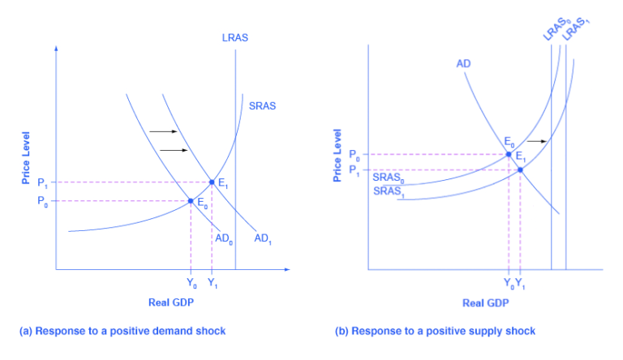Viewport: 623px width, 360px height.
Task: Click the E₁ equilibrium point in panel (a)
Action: (212, 182)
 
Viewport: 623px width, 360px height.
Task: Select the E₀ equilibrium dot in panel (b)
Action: (509, 154)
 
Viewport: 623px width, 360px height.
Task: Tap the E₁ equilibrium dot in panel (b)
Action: (519, 169)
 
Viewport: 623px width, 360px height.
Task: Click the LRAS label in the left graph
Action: (235, 37)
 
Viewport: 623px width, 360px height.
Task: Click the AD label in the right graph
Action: (464, 63)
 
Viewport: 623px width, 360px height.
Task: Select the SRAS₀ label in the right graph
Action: (389, 177)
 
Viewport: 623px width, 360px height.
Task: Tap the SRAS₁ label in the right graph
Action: (389, 192)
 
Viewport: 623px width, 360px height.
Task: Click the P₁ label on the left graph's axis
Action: (41, 182)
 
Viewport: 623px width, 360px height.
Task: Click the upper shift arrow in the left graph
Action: (162, 131)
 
